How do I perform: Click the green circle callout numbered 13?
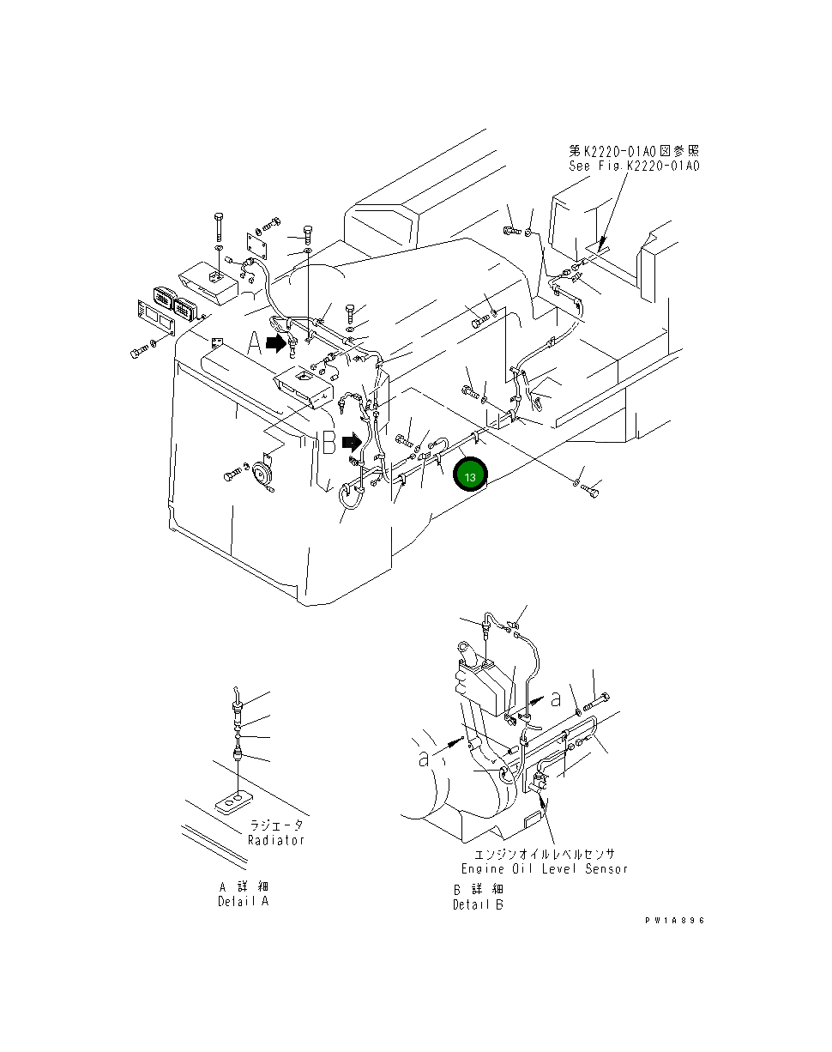(470, 475)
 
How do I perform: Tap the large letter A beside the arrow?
(254, 344)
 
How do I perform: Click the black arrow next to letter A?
(276, 343)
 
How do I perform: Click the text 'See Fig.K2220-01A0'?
(634, 166)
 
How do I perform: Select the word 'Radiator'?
(276, 840)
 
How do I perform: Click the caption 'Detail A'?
(244, 902)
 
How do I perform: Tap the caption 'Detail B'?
(478, 904)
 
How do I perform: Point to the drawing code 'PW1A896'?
(675, 920)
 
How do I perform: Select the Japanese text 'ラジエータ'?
(275, 825)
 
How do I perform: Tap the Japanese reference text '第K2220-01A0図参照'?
(634, 151)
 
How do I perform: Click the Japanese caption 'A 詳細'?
(244, 887)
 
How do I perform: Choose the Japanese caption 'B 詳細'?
(478, 889)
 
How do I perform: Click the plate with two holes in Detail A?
(232, 803)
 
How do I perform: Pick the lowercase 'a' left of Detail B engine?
(423, 758)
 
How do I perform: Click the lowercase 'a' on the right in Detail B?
(556, 699)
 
